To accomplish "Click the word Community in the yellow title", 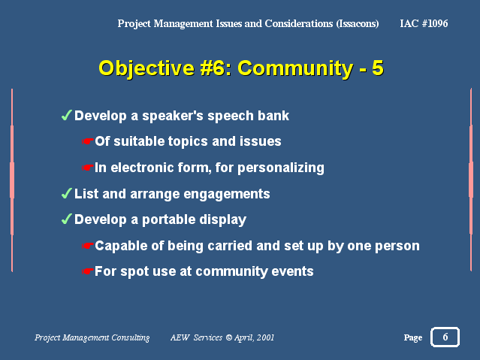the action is (295, 68).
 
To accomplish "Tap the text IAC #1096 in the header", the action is (424, 23).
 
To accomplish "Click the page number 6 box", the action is (445, 337).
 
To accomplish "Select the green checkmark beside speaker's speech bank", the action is (66, 116).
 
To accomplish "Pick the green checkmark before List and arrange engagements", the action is (66, 194).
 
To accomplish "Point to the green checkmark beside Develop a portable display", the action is (66, 219).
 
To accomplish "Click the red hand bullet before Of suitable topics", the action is (88, 141).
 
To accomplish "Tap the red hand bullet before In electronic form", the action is (88, 168).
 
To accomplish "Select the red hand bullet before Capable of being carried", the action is (88, 246).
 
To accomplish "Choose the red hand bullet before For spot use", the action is (88, 271).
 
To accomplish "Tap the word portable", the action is (169, 220).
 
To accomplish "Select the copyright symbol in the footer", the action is (228, 337).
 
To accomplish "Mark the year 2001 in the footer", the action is (265, 337).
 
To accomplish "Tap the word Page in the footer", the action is (413, 337).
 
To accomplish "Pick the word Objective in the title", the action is (146, 68).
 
